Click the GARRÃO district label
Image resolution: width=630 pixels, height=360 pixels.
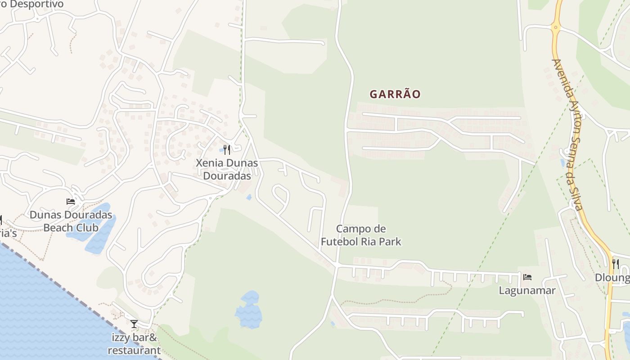[x=395, y=94]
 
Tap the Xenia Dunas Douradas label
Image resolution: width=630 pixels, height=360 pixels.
[x=227, y=169]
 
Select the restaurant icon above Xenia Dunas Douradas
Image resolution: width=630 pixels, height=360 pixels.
[x=227, y=149]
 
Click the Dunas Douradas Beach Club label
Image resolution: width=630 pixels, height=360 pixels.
[x=71, y=221]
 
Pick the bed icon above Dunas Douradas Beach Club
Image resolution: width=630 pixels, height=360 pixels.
[x=71, y=201]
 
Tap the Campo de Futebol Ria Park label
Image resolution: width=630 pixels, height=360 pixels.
[x=360, y=235]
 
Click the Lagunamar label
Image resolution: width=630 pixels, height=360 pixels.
[x=527, y=291]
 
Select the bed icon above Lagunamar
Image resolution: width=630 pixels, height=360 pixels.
[x=527, y=277]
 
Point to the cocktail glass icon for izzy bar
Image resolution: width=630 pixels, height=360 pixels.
[x=134, y=324]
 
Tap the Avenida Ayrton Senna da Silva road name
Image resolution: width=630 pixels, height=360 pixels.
[x=568, y=135]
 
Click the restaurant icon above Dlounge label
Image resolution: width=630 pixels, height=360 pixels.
[x=615, y=264]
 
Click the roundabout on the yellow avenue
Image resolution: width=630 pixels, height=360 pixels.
[x=555, y=27]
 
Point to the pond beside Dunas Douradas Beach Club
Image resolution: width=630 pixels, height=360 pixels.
[x=99, y=229]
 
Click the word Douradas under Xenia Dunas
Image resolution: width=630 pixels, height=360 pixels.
[x=227, y=175]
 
